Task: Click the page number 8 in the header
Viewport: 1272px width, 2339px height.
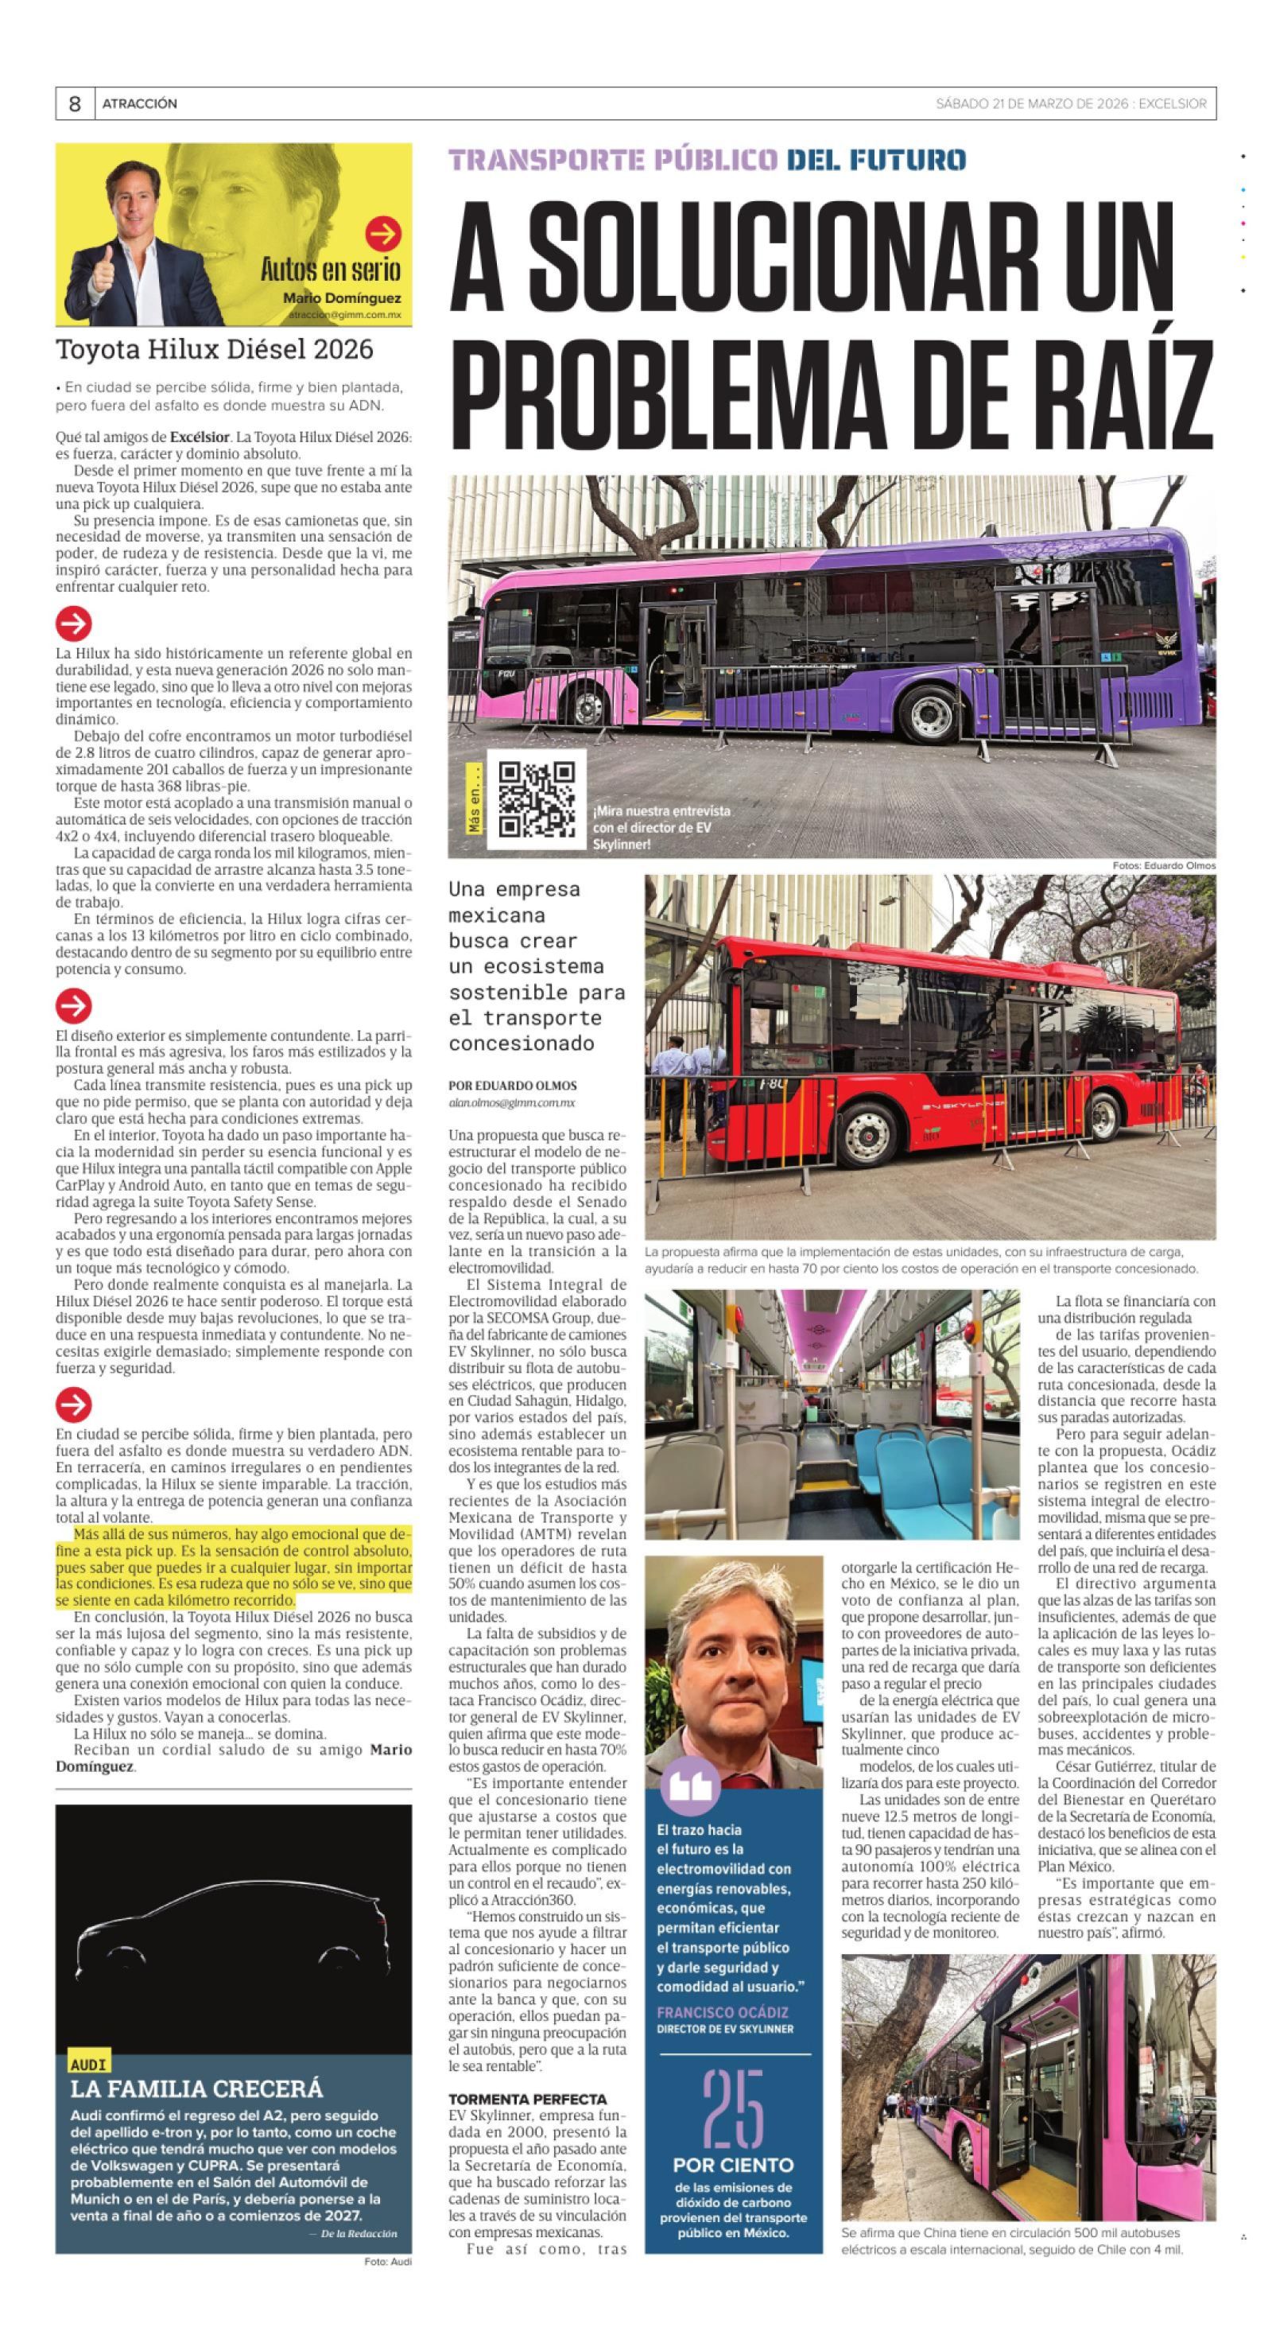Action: coord(75,103)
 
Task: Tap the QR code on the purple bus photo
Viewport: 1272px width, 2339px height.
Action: coord(536,798)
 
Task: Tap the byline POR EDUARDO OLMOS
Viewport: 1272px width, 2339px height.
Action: coord(512,1085)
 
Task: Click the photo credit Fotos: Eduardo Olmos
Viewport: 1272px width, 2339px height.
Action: coord(1164,865)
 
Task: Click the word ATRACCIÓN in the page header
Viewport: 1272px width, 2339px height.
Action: coord(140,103)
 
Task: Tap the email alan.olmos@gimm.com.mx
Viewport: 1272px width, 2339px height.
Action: coord(512,1102)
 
